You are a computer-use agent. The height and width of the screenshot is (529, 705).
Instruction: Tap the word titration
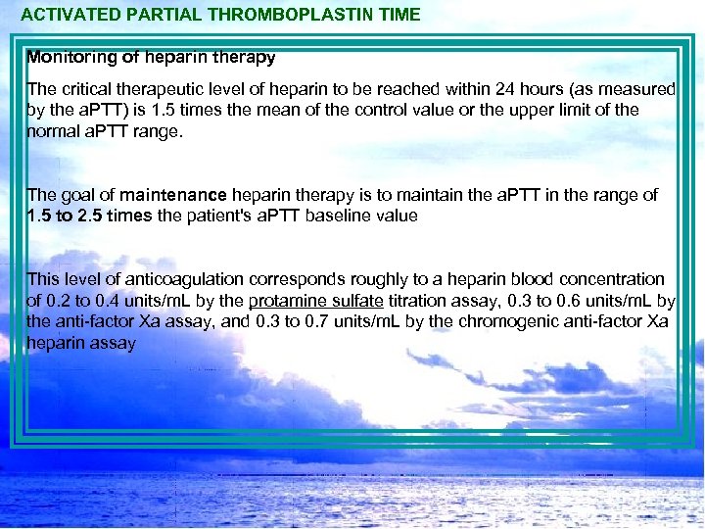coord(394,301)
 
